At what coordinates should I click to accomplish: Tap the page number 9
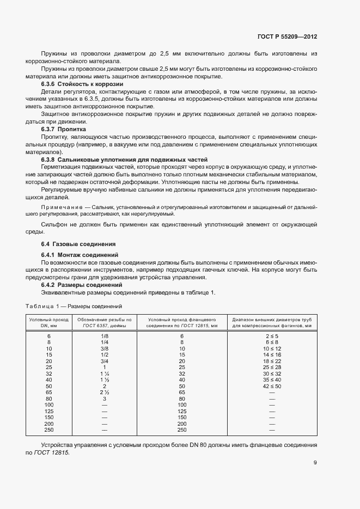pyautogui.click(x=315, y=463)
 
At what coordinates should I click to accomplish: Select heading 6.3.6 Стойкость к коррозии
pyautogui.click(x=82, y=84)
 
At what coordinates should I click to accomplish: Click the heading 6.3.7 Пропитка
pyautogui.click(x=64, y=130)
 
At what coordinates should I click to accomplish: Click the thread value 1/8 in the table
pyautogui.click(x=105, y=336)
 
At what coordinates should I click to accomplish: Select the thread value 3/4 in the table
pyautogui.click(x=105, y=361)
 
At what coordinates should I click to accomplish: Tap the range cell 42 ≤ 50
pyautogui.click(x=272, y=385)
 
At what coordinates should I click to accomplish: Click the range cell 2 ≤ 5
pyautogui.click(x=272, y=336)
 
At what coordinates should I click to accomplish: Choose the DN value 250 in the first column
pyautogui.click(x=48, y=430)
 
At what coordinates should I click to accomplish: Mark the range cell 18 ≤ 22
pyautogui.click(x=272, y=361)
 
